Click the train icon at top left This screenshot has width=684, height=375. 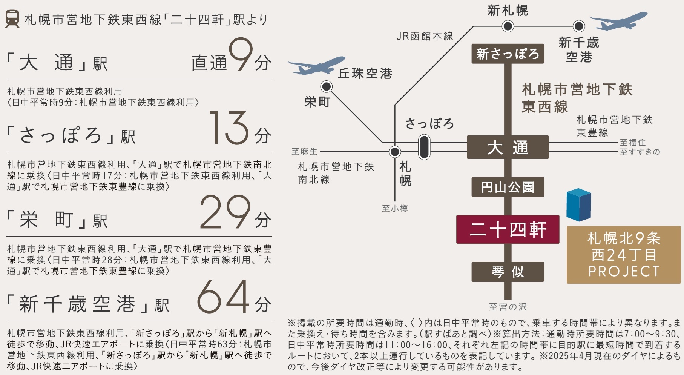(x=12, y=19)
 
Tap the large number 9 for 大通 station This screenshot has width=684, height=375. (x=240, y=55)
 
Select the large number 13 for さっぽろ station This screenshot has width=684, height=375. (x=229, y=128)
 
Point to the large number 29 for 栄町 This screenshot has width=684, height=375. (x=225, y=212)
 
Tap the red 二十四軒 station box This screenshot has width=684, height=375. (x=508, y=229)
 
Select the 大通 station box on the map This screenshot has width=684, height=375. (x=508, y=147)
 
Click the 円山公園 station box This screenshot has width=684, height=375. (x=508, y=187)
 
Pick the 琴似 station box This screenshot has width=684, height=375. (x=508, y=272)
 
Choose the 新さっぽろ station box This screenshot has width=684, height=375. (x=508, y=54)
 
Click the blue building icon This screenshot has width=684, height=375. (x=578, y=204)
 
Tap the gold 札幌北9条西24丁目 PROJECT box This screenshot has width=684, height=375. (x=624, y=255)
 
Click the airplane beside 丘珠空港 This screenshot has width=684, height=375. (x=317, y=66)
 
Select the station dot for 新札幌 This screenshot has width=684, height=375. (x=508, y=26)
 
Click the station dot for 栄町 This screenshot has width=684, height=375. (x=326, y=87)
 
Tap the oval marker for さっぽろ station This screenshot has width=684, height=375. (x=424, y=147)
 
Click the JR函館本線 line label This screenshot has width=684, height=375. (x=425, y=36)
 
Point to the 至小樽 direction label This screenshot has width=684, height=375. (x=395, y=208)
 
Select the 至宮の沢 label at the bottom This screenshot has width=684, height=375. (x=508, y=307)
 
